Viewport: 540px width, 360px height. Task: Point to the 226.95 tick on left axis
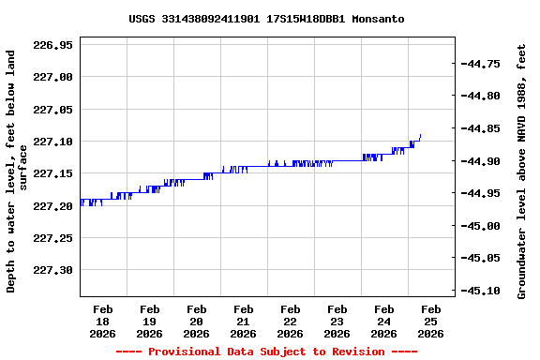coord(52,44)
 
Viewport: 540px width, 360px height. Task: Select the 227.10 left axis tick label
coord(52,142)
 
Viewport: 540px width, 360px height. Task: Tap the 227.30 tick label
coord(52,271)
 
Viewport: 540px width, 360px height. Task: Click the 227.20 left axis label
coord(52,206)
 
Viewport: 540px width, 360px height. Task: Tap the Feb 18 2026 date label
coord(102,321)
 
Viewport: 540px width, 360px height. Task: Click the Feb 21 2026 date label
coord(243,321)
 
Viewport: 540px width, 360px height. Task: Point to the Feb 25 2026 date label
coord(430,321)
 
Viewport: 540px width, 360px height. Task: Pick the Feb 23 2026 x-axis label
coord(337,321)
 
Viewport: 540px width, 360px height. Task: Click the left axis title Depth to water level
coord(17,172)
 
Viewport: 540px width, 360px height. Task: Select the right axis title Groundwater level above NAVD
coord(522,170)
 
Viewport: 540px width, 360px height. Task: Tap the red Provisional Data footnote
coord(266,352)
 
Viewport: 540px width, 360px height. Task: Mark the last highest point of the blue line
coord(421,135)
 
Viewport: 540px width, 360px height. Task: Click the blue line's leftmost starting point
coord(81,200)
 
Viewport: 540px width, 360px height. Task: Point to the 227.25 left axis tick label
coord(52,239)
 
